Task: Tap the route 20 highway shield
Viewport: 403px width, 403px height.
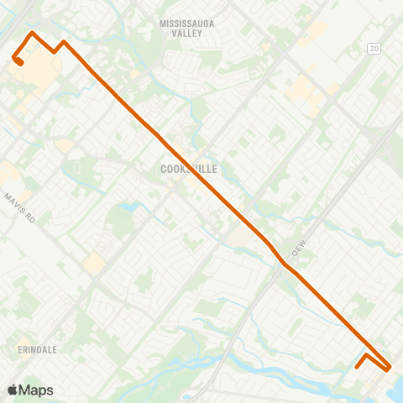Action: pyautogui.click(x=374, y=50)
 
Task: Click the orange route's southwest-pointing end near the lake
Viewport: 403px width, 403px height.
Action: pyautogui.click(x=358, y=366)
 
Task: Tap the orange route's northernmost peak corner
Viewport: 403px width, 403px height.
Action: pyautogui.click(x=32, y=33)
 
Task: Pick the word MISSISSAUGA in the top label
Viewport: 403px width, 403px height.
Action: pyautogui.click(x=187, y=24)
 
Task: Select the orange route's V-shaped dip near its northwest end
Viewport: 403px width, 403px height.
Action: pyautogui.click(x=54, y=51)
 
